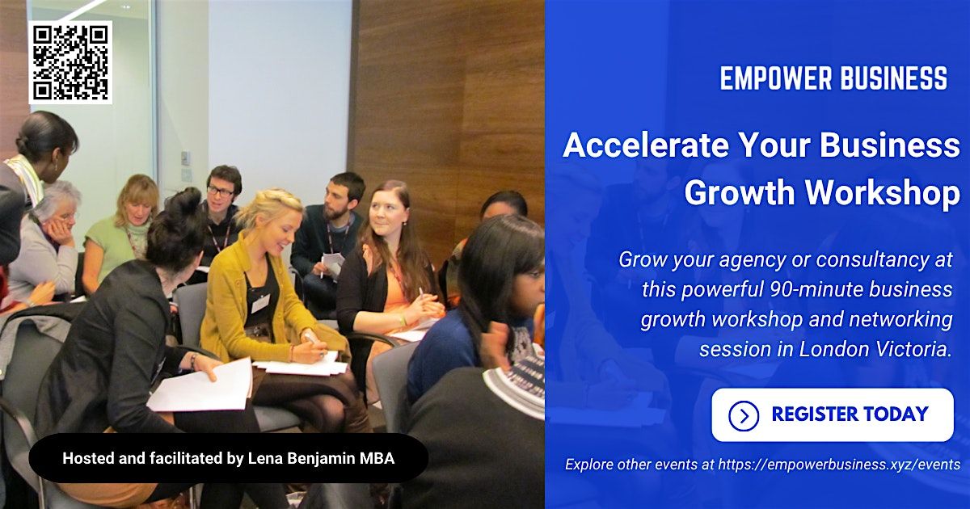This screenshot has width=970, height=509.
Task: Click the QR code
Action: tap(70, 62)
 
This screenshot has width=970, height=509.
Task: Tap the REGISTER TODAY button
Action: tap(833, 415)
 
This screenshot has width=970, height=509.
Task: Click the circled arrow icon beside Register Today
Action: tap(743, 416)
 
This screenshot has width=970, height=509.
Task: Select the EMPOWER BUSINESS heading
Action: tap(833, 79)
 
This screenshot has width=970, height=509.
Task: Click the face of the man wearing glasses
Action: tap(221, 191)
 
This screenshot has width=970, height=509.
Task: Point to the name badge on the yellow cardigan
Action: tap(260, 304)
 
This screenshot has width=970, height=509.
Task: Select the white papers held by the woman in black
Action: tap(202, 385)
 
